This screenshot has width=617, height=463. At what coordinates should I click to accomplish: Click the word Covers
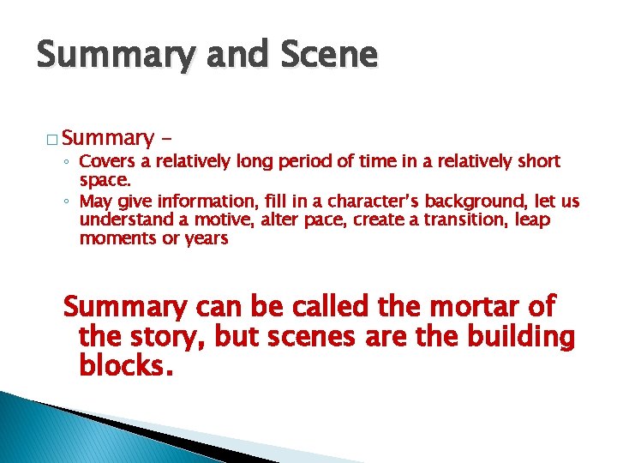pos(105,161)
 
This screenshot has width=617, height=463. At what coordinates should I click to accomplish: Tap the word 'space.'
pos(105,181)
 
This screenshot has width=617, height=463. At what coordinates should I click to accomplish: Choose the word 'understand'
pos(123,220)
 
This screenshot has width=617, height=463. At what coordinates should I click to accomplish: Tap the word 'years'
pos(208,239)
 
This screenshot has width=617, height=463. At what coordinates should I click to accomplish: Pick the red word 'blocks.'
pos(126,367)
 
